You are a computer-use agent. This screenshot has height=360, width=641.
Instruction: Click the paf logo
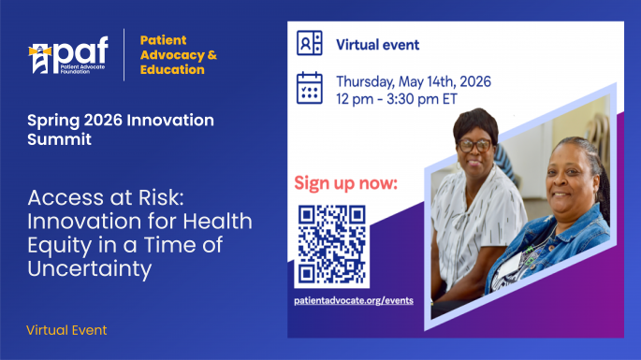click(x=67, y=54)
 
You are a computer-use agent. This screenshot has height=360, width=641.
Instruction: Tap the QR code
click(x=331, y=245)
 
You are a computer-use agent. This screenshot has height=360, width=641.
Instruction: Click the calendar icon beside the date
click(x=310, y=87)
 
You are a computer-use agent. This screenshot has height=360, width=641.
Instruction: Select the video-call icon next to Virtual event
click(x=310, y=44)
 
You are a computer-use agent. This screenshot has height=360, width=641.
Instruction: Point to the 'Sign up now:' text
click(x=345, y=181)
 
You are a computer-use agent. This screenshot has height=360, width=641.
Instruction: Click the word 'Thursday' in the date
click(x=367, y=81)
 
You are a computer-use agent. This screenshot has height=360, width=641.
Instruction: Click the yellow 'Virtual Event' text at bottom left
click(x=66, y=330)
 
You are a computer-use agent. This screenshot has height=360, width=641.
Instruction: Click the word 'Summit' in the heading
click(x=58, y=140)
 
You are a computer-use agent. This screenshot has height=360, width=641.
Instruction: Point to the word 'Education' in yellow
click(x=172, y=70)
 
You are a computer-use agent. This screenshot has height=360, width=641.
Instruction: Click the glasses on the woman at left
click(x=477, y=144)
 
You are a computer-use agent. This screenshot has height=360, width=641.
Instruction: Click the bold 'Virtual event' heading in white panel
click(x=377, y=45)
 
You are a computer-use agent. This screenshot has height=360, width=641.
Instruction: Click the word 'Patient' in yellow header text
click(x=163, y=40)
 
